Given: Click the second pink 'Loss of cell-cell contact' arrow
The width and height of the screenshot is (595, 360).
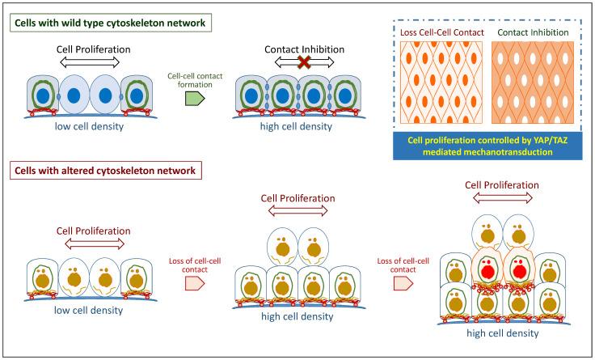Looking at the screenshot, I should click(400, 284).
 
